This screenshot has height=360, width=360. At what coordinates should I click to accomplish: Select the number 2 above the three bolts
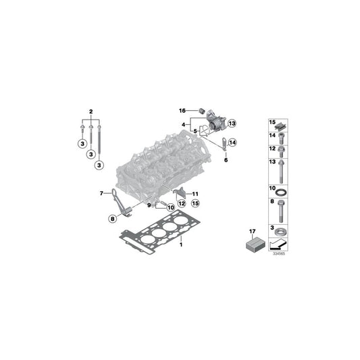click(91, 109)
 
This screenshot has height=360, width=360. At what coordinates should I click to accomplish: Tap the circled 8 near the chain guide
click(113, 217)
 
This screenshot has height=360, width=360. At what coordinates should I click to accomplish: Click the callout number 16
click(182, 110)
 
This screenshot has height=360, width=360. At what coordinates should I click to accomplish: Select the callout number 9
click(150, 204)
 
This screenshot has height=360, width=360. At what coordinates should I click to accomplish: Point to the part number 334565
click(278, 255)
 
